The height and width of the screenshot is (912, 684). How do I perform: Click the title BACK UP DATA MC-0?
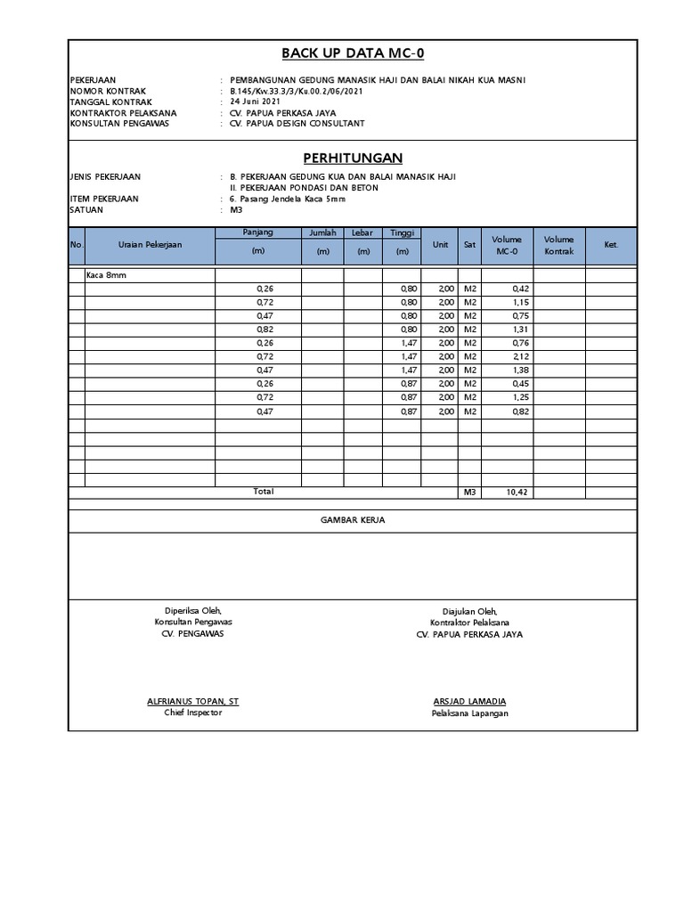point(353,53)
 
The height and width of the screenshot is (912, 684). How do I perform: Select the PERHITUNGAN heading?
point(353,158)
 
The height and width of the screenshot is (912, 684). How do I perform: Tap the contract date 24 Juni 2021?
point(255,102)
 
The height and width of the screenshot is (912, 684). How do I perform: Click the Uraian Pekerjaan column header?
point(150,245)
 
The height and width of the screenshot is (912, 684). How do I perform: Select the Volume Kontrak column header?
point(558,245)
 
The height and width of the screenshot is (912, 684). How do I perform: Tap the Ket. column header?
point(610,245)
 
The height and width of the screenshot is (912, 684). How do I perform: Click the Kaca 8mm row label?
point(106,276)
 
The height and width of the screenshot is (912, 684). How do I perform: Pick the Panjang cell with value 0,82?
point(265,330)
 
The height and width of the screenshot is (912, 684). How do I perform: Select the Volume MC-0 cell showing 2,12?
point(520,356)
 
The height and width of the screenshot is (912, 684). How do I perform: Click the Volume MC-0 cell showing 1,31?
point(520,330)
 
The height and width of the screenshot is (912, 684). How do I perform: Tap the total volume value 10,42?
point(517,493)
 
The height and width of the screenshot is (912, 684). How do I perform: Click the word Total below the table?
point(263,492)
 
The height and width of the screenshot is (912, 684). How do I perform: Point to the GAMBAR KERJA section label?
point(353,520)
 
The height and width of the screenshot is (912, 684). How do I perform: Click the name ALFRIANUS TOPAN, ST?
point(192,702)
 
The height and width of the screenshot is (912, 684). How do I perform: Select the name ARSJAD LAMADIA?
point(469,702)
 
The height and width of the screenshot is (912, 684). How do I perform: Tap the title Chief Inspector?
point(192,713)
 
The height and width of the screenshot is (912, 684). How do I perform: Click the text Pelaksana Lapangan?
point(469,713)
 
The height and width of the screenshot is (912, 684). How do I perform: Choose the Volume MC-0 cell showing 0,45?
point(520,384)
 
